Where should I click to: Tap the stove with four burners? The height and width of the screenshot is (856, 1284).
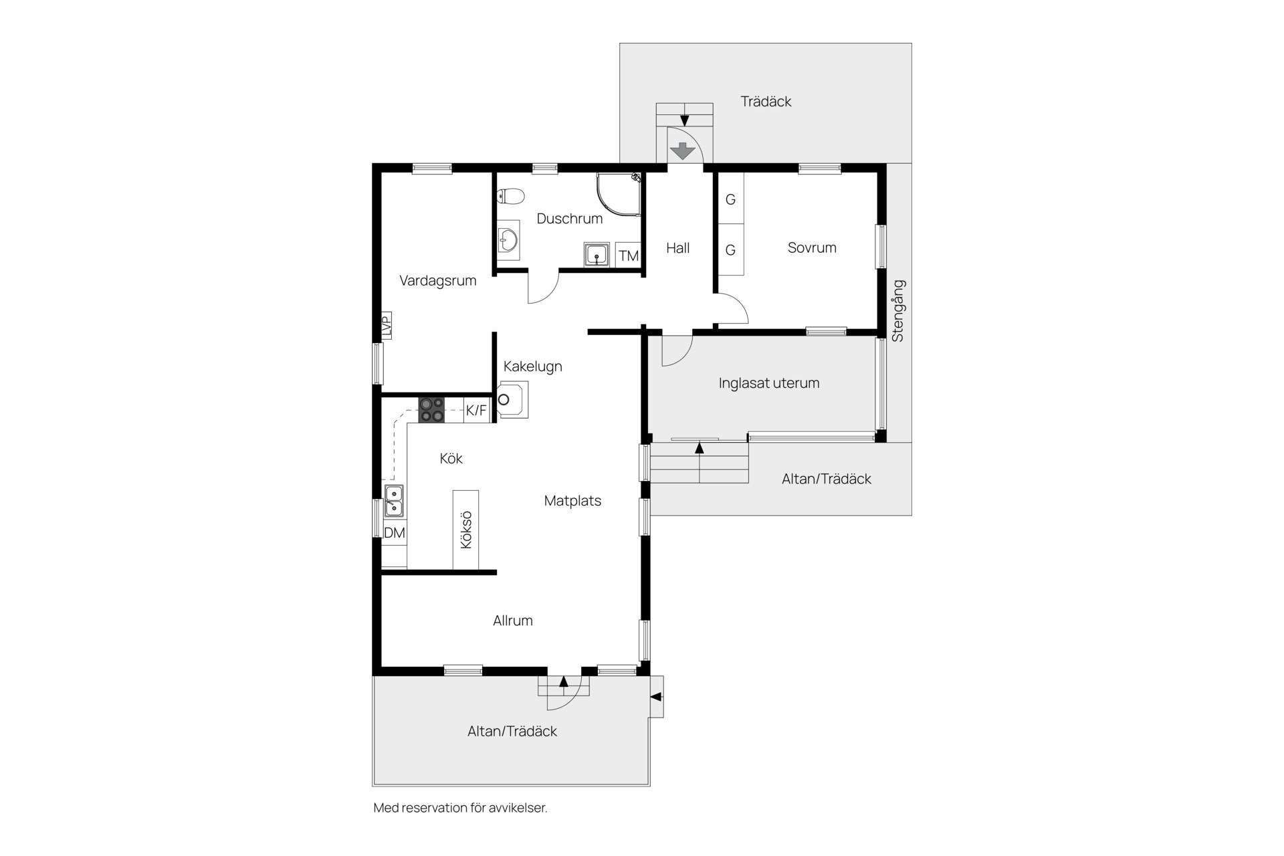coord(431,409)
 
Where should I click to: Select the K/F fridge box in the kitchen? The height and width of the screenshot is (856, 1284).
coord(477,410)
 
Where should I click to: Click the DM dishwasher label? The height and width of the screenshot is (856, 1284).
coord(395,533)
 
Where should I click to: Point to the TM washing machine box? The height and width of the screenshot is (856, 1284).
coord(628,255)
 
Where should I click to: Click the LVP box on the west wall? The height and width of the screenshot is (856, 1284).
coord(387,326)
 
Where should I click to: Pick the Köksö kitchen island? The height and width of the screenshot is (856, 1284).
coord(466,530)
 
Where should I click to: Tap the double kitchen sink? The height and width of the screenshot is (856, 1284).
coord(394,502)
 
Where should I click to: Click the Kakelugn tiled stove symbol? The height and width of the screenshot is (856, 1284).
coord(512,400)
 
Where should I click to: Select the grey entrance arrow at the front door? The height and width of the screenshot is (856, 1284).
coord(683,151)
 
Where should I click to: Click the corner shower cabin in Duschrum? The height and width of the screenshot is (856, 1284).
coord(619,195)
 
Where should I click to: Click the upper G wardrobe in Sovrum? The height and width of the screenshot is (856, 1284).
coord(731,199)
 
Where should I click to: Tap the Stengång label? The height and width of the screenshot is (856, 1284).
coord(898,311)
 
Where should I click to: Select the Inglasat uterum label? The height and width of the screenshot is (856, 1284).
coord(769,383)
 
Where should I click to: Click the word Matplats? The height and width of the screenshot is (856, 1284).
coord(572,501)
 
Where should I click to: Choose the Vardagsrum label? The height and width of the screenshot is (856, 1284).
coord(438,281)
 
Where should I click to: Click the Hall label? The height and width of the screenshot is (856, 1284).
coord(677,248)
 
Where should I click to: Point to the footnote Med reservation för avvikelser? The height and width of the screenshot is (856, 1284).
coord(460,808)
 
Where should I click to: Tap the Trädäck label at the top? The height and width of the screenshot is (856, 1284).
coord(766,102)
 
